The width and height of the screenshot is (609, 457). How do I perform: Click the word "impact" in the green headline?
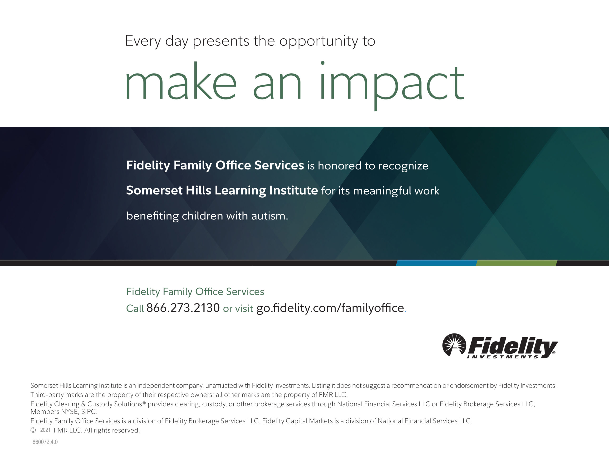pos(392,85)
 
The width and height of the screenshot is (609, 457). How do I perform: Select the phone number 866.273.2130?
pos(183,308)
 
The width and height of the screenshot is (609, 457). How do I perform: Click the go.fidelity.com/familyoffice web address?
pos(330,308)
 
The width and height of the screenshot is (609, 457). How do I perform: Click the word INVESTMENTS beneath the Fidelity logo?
pos(503,357)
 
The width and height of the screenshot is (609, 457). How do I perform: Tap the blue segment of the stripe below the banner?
pos(436,263)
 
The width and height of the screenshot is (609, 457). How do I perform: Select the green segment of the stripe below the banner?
pos(516,263)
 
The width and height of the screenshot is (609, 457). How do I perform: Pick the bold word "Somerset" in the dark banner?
pos(154,190)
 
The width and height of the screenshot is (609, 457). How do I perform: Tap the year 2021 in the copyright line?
pos(45,430)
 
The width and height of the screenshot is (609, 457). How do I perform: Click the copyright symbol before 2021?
pos(33,430)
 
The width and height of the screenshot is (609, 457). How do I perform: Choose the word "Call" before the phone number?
pos(135,308)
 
